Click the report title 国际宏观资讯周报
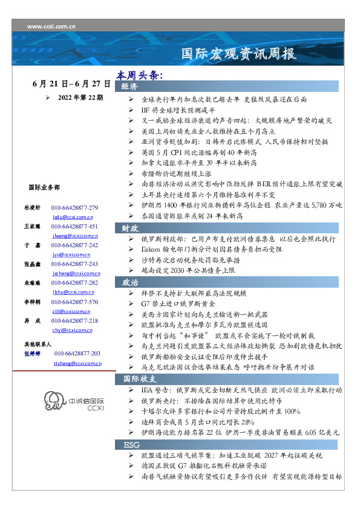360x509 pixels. (239, 54)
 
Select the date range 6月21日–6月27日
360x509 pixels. (71, 84)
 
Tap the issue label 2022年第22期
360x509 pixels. (80, 97)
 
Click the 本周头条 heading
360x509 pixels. (140, 76)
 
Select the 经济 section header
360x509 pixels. (130, 87)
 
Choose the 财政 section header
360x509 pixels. (130, 228)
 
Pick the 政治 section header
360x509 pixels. (130, 282)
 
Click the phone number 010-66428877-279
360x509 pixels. (74, 208)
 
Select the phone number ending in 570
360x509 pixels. (74, 302)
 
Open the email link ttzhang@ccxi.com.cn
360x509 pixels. (77, 363)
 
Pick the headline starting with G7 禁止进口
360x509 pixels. (182, 303)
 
